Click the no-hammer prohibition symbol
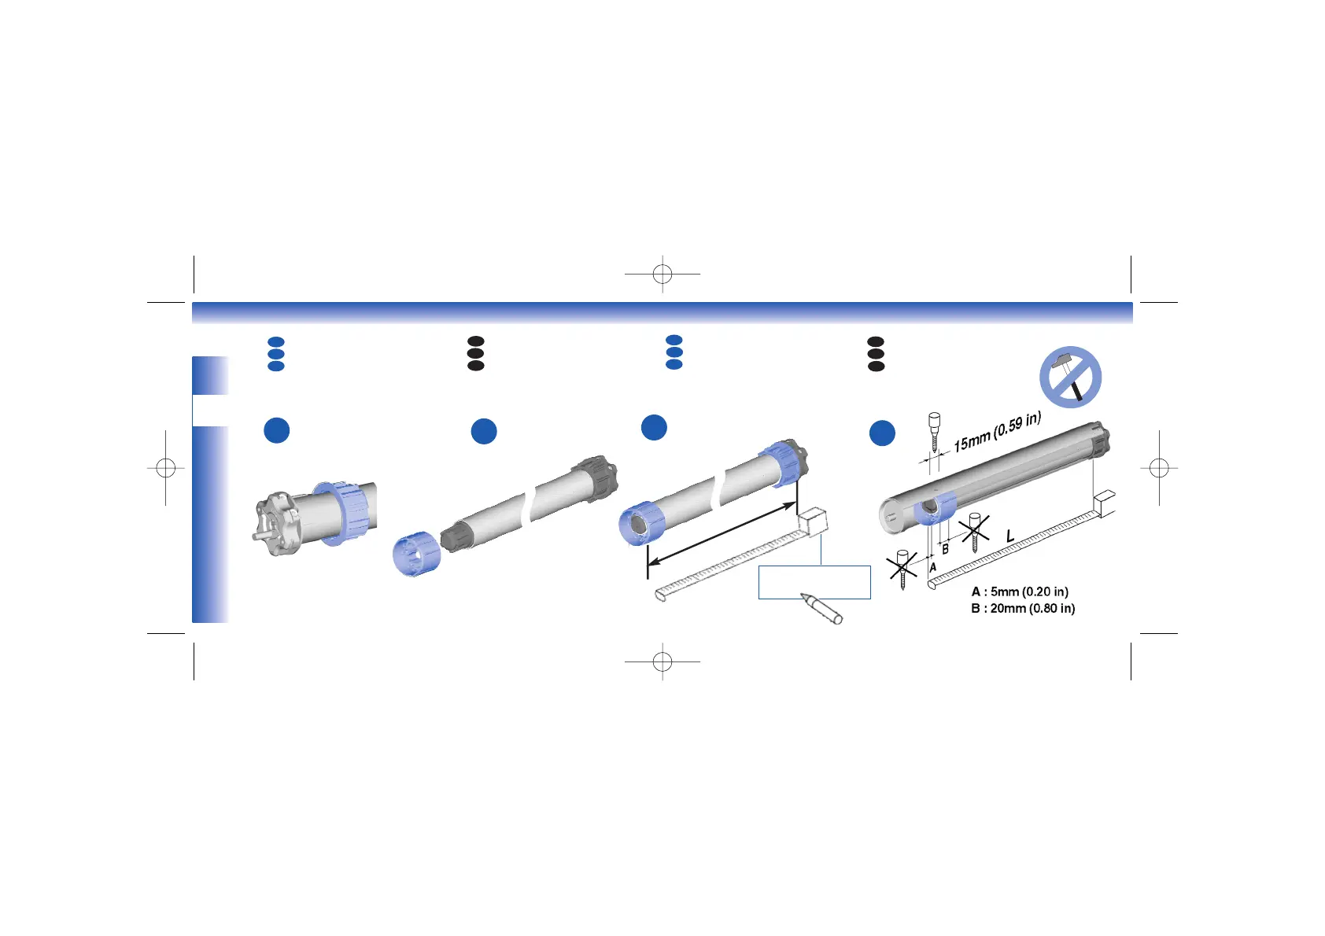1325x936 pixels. tap(1070, 377)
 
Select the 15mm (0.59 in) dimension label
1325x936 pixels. tap(997, 433)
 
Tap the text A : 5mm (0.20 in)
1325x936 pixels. tap(1020, 591)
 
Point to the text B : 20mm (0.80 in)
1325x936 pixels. tap(1023, 608)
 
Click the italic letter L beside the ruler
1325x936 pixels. tap(1010, 536)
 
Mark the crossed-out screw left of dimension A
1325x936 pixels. tap(902, 569)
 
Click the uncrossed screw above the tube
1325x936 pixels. tap(935, 430)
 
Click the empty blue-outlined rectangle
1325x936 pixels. tap(814, 582)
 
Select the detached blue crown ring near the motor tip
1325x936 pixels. tap(416, 553)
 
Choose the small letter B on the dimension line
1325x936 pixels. tap(946, 550)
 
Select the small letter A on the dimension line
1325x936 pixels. tap(933, 566)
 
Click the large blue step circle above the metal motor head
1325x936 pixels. tap(277, 430)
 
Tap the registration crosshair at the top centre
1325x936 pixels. tap(662, 275)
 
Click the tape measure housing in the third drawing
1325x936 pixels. tap(813, 521)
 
